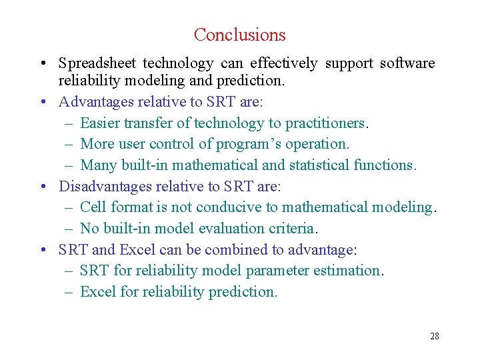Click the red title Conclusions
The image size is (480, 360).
(x=239, y=35)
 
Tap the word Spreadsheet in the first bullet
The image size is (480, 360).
(x=98, y=63)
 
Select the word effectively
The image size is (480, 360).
(x=283, y=63)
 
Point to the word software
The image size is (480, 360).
(x=407, y=63)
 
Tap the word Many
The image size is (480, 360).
(x=97, y=165)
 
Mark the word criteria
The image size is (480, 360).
(x=291, y=229)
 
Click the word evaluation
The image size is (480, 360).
(x=229, y=229)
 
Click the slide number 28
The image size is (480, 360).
(x=434, y=336)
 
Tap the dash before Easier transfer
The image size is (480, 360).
(x=70, y=123)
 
